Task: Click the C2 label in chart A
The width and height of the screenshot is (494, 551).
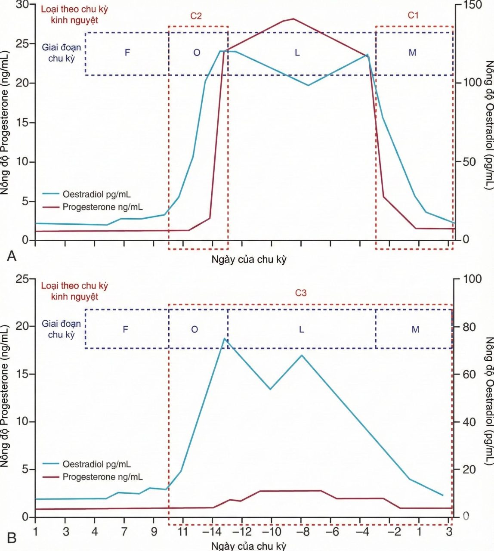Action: click(196, 16)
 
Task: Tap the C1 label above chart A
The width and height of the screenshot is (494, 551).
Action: click(413, 15)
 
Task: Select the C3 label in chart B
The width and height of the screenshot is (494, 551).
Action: click(301, 293)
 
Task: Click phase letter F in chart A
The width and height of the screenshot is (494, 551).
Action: click(127, 52)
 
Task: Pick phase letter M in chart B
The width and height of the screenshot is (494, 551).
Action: click(415, 329)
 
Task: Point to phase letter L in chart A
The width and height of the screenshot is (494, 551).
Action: click(297, 53)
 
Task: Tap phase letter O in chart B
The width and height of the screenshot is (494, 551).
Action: click(195, 329)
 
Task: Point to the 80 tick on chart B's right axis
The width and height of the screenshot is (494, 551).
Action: click(469, 327)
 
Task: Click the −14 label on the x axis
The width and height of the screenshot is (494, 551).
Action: click(212, 531)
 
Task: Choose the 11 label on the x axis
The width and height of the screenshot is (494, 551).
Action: click(183, 531)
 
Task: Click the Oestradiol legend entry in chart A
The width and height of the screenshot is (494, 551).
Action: click(86, 194)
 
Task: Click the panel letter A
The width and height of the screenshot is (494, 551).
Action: click(12, 256)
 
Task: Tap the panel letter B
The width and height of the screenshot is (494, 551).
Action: click(12, 538)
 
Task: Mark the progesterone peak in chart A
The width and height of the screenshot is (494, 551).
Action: click(293, 19)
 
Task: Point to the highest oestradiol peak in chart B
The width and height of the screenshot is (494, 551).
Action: click(224, 339)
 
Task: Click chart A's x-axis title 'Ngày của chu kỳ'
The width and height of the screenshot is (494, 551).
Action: click(249, 260)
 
